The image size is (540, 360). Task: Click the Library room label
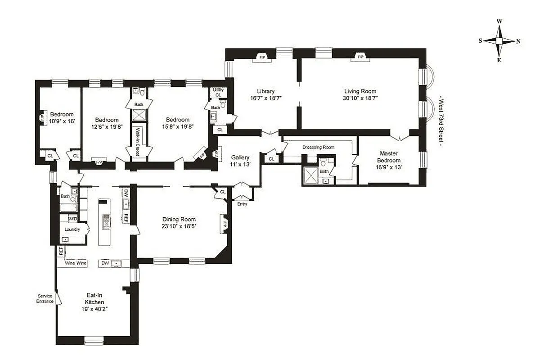[x=265, y=91]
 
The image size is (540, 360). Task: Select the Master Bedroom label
[x=388, y=157]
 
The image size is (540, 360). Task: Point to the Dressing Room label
[x=318, y=147]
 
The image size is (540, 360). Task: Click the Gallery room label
[x=240, y=157]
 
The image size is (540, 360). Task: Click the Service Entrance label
[x=45, y=299]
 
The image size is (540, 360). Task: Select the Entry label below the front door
[x=242, y=204]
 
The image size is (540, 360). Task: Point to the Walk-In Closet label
[x=137, y=142]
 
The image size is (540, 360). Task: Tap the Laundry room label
[x=72, y=229]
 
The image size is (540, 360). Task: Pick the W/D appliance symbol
[x=72, y=219]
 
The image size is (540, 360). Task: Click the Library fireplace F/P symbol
[x=261, y=57]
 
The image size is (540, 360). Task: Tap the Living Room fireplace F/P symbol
[x=360, y=57]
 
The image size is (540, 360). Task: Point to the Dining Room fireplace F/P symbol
[x=223, y=224]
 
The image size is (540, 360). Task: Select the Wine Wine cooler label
[x=76, y=263]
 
